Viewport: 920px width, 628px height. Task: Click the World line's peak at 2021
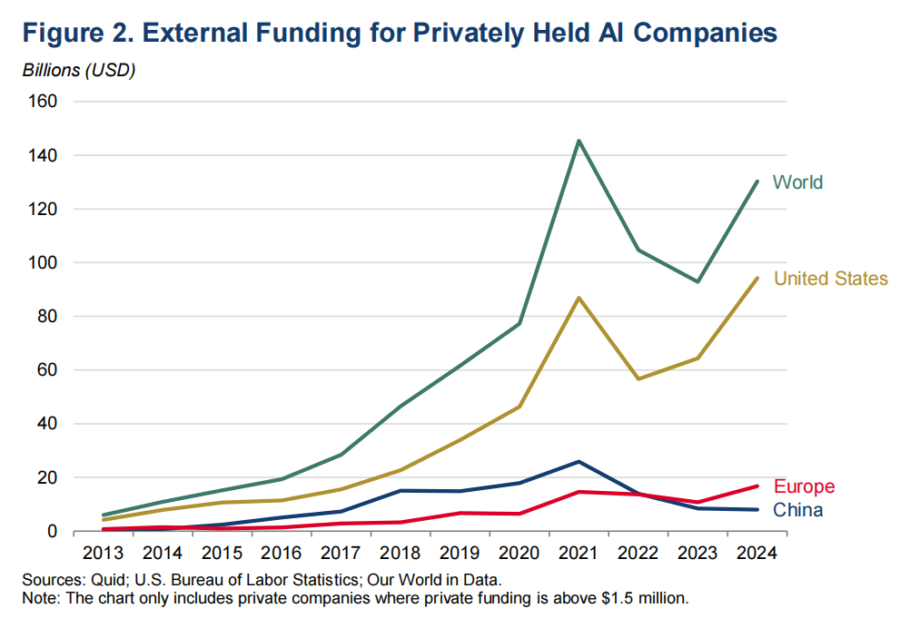tap(579, 141)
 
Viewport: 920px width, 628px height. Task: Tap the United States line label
tap(831, 279)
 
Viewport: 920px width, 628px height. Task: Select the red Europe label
tap(804, 486)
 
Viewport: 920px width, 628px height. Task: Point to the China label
tap(798, 510)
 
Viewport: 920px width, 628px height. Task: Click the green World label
tap(798, 182)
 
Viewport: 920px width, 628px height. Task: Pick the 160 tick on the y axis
tap(43, 102)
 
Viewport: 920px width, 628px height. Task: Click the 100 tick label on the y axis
tap(43, 262)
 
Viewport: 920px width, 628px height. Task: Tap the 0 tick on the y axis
tap(52, 531)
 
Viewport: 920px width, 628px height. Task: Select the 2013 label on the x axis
tap(104, 553)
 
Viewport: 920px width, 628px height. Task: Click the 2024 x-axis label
tap(757, 553)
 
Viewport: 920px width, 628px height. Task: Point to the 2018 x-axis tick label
tap(401, 553)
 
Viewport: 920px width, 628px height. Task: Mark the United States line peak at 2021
tap(579, 298)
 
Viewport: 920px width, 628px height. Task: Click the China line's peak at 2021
tap(579, 462)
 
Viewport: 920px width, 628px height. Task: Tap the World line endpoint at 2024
tap(757, 182)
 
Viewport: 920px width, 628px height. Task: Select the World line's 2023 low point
tap(697, 281)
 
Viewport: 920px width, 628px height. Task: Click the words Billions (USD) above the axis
tap(79, 71)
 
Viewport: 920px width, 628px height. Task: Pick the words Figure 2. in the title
tap(79, 33)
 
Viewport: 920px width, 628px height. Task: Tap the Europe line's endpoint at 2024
tap(757, 486)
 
